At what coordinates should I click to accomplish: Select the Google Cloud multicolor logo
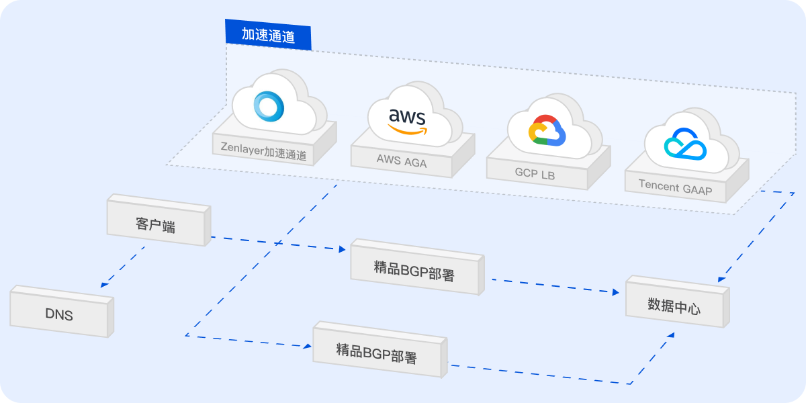click(x=547, y=130)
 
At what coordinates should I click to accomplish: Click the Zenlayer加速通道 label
click(x=264, y=150)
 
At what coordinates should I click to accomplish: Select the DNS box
click(x=59, y=313)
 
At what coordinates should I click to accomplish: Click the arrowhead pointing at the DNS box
click(x=105, y=285)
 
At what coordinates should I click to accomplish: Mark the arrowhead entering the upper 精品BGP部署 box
click(x=341, y=249)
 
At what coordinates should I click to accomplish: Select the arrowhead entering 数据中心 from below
click(x=670, y=335)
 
